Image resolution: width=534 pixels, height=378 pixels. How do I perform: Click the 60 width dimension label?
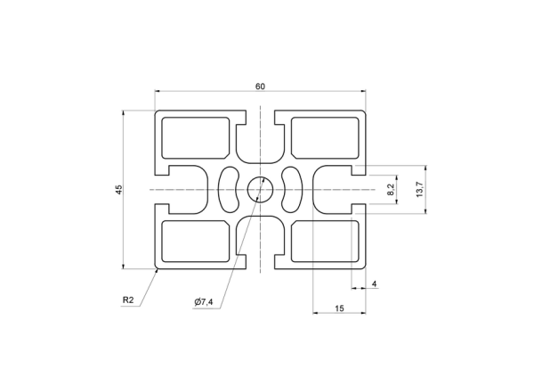(x=260, y=86)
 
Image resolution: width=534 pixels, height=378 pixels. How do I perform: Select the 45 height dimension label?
(x=119, y=190)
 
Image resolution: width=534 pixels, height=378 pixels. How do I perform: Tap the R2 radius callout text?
(x=128, y=300)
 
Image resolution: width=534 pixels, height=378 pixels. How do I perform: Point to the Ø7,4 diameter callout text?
(x=204, y=301)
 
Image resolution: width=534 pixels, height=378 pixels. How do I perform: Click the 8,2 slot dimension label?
(x=391, y=190)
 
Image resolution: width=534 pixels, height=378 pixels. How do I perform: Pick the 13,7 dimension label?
(x=419, y=190)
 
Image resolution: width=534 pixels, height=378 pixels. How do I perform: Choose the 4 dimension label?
(x=375, y=283)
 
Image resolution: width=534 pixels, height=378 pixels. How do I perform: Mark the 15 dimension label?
(x=339, y=308)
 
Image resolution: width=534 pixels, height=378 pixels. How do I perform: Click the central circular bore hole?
(x=260, y=190)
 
